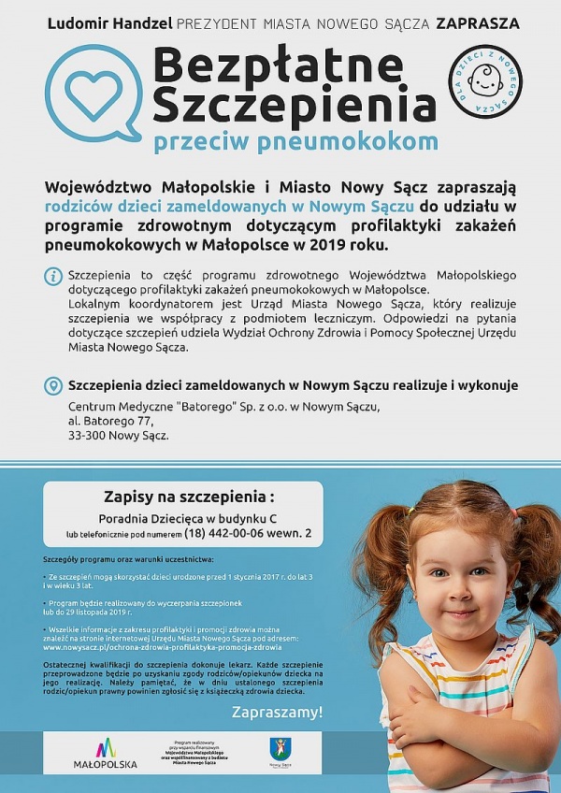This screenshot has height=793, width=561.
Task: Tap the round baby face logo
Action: click(x=485, y=82)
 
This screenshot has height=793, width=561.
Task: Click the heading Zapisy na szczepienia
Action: click(x=190, y=497)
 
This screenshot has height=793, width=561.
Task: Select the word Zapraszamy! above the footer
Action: click(x=277, y=713)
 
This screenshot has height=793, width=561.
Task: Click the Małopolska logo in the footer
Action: click(x=105, y=752)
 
